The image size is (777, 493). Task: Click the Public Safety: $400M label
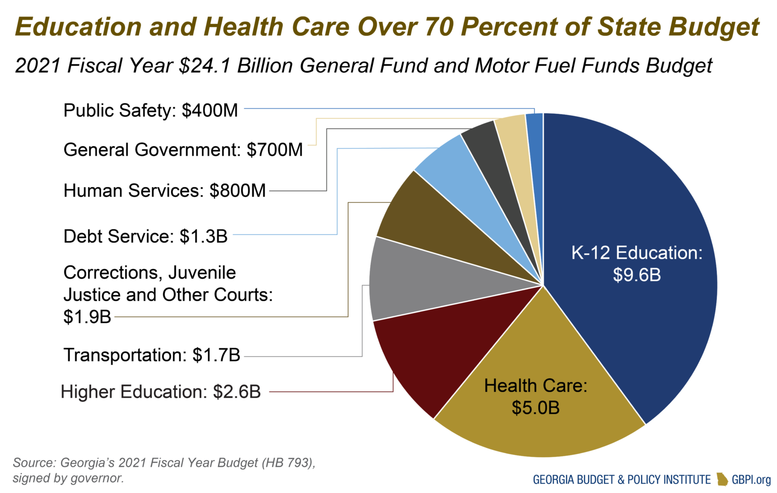pyautogui.click(x=150, y=110)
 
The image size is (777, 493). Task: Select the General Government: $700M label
pyautogui.click(x=183, y=150)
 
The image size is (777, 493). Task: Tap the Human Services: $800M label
pyautogui.click(x=164, y=191)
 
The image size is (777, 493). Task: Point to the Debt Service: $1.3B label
pyautogui.click(x=145, y=236)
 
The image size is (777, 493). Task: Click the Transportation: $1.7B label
pyautogui.click(x=151, y=355)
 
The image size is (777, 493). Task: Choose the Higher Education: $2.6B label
pyautogui.click(x=160, y=392)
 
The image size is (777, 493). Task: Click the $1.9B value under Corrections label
pyautogui.click(x=87, y=317)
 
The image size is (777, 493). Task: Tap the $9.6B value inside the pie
pyautogui.click(x=636, y=275)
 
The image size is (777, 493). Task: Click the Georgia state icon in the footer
pyautogui.click(x=722, y=479)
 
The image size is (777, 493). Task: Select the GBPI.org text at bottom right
pyautogui.click(x=751, y=479)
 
